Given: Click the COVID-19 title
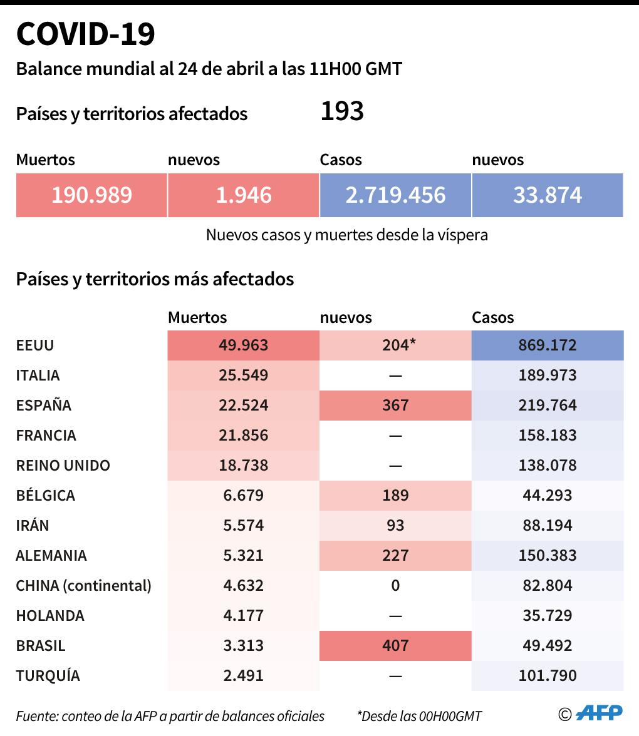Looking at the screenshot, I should (x=85, y=34).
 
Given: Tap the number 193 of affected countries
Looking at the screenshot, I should (x=342, y=111).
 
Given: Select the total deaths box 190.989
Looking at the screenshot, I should (x=91, y=195).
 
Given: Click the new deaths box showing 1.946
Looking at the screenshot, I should (x=243, y=195).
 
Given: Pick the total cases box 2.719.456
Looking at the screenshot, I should (x=395, y=195).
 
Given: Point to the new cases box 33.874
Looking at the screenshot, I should (x=548, y=195).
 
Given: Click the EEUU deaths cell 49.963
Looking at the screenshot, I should (x=243, y=345).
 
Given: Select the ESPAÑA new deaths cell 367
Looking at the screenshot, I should (x=395, y=406).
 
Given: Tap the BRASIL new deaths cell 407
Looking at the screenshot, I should (x=395, y=646).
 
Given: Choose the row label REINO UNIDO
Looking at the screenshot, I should (x=63, y=466).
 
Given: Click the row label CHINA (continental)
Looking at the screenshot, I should (x=83, y=586).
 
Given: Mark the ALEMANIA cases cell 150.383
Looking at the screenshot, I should (x=548, y=556).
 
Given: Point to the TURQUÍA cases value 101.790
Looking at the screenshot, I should (x=548, y=676).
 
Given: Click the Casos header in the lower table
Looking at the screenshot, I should (x=492, y=318).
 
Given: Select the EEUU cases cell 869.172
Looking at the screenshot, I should (x=548, y=345).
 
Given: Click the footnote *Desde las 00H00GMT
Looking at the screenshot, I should (x=419, y=716).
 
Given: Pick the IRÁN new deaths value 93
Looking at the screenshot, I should (x=395, y=526).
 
